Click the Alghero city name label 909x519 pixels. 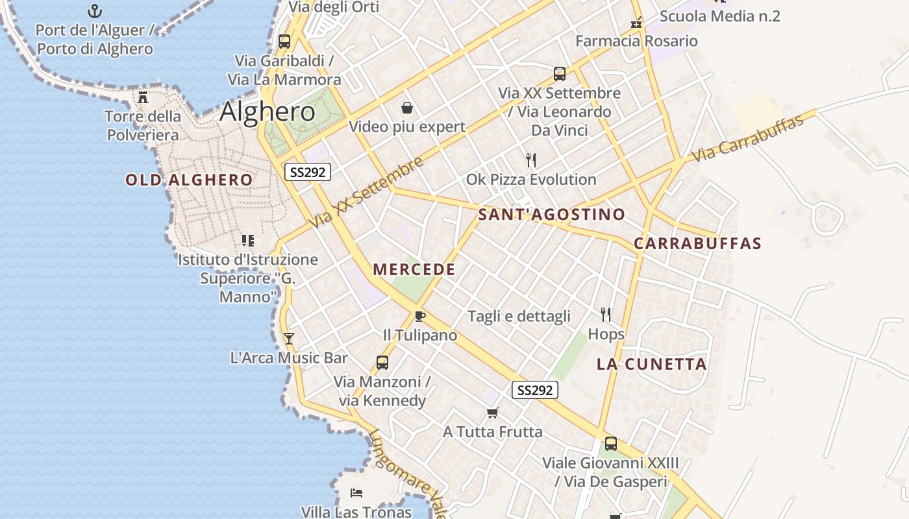point(268,112)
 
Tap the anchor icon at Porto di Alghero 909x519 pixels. point(95,11)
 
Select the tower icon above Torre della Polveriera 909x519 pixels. point(143,97)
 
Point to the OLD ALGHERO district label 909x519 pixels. point(189,180)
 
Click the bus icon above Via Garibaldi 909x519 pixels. point(284,42)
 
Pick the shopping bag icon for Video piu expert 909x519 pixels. point(407,108)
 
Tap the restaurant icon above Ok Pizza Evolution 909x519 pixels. point(531,160)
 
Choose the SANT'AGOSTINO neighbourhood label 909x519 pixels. point(552,215)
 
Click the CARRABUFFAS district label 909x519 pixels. point(697,244)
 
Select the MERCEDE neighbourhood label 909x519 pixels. point(414,270)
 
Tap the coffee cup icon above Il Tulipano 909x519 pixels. point(420,317)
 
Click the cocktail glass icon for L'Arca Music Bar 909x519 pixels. point(289,339)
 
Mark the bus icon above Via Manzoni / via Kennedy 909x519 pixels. point(382,363)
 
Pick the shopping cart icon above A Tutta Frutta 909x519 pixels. point(493,413)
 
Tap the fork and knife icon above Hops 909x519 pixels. point(606,315)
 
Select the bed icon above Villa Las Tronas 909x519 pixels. point(356,493)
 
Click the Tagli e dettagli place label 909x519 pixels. point(519,317)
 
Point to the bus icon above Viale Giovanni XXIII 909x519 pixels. point(610,444)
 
